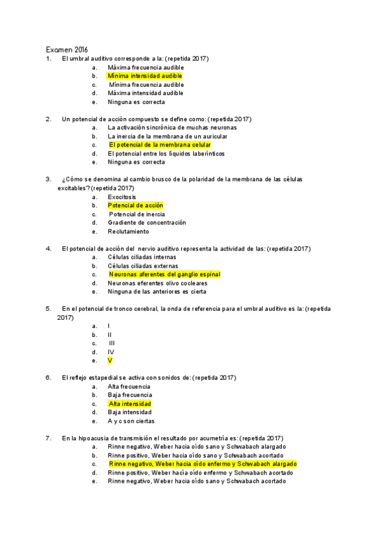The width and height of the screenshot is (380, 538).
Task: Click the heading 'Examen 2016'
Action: pyautogui.click(x=66, y=49)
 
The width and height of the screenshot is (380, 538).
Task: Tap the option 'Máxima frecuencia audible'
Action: pyautogui.click(x=146, y=67)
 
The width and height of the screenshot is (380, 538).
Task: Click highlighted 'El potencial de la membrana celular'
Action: pyautogui.click(x=160, y=145)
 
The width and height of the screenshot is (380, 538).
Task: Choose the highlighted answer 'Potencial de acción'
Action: pyautogui.click(x=135, y=206)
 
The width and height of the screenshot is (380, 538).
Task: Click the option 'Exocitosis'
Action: pyautogui.click(x=123, y=197)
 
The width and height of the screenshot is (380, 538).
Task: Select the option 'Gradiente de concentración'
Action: pyautogui.click(x=147, y=223)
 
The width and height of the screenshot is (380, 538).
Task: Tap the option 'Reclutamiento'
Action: pyautogui.click(x=129, y=232)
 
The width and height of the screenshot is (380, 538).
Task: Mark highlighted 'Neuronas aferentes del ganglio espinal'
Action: pyautogui.click(x=164, y=274)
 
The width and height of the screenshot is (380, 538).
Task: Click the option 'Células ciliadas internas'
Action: pyautogui.click(x=142, y=257)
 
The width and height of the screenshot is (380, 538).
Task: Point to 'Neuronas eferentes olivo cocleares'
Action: pyautogui.click(x=156, y=283)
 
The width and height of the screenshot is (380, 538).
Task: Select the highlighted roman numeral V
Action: pyautogui.click(x=110, y=360)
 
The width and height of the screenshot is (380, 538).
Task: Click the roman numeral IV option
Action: pyautogui.click(x=111, y=351)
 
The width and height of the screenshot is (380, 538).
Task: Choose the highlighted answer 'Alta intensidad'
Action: pyautogui.click(x=129, y=403)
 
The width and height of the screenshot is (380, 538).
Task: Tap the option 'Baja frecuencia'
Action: pyautogui.click(x=129, y=395)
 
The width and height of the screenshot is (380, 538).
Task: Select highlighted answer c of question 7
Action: pyautogui.click(x=202, y=464)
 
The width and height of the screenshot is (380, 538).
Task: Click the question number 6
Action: pyautogui.click(x=48, y=377)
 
